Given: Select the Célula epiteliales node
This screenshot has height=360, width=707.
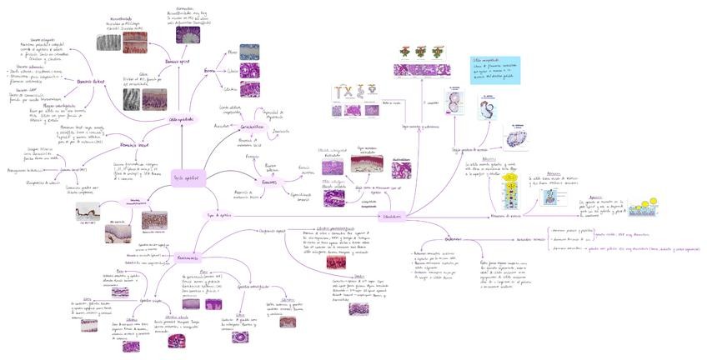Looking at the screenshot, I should (181, 120).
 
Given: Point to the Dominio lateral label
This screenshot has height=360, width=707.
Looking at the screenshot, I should (91, 81).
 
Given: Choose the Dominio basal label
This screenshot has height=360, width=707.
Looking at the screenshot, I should (134, 144).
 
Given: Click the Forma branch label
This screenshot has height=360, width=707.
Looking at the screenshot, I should (209, 72).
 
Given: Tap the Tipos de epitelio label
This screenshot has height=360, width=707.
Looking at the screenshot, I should (218, 215).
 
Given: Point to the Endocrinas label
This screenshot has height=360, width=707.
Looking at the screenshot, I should (453, 240).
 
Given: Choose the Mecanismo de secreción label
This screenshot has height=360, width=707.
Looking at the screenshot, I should (506, 216).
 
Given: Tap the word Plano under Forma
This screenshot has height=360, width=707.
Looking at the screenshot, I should (232, 52).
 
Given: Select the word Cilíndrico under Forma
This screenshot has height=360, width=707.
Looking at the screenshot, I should (231, 88).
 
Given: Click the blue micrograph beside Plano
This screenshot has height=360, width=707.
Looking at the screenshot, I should (249, 50).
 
